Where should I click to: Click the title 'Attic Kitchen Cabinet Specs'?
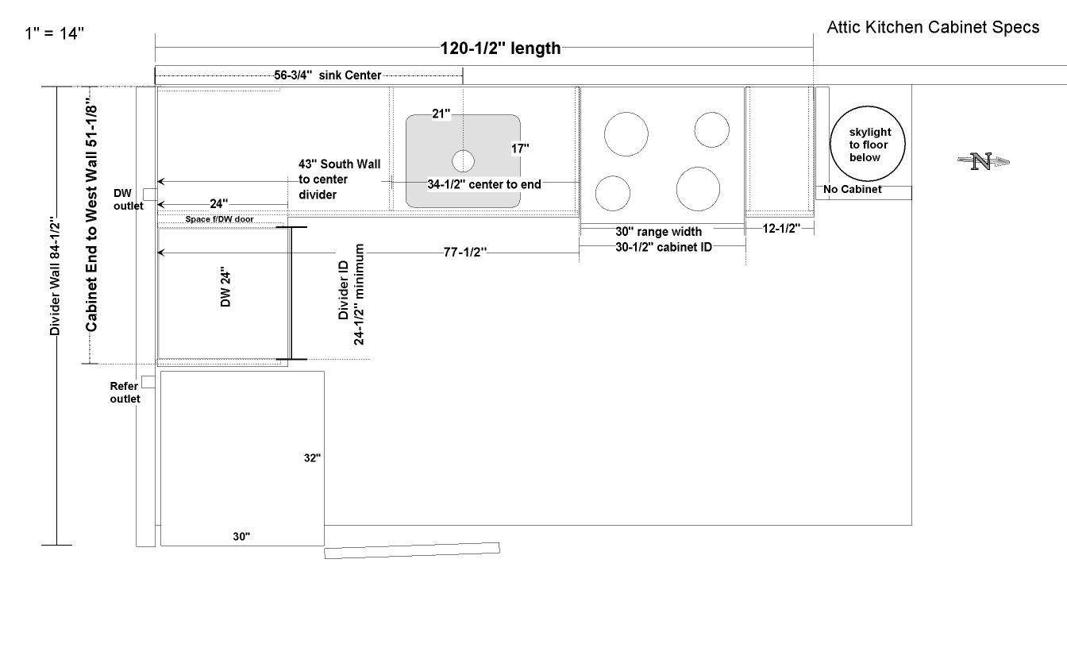933,27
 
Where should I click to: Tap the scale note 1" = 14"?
54,33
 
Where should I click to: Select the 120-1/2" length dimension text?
500,48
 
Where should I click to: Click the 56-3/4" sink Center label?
327,75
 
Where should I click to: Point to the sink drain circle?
463,161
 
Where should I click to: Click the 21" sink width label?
441,114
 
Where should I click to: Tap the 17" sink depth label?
520,148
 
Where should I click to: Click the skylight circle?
868,144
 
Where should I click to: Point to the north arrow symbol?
983,161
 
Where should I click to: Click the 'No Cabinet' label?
852,189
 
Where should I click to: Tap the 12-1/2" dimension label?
781,229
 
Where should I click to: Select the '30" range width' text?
658,232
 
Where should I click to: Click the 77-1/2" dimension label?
465,252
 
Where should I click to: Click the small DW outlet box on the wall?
150,195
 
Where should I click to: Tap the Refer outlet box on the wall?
148,382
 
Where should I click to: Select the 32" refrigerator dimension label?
312,458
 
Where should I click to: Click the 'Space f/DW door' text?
219,219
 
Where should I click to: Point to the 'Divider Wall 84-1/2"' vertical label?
55,276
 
